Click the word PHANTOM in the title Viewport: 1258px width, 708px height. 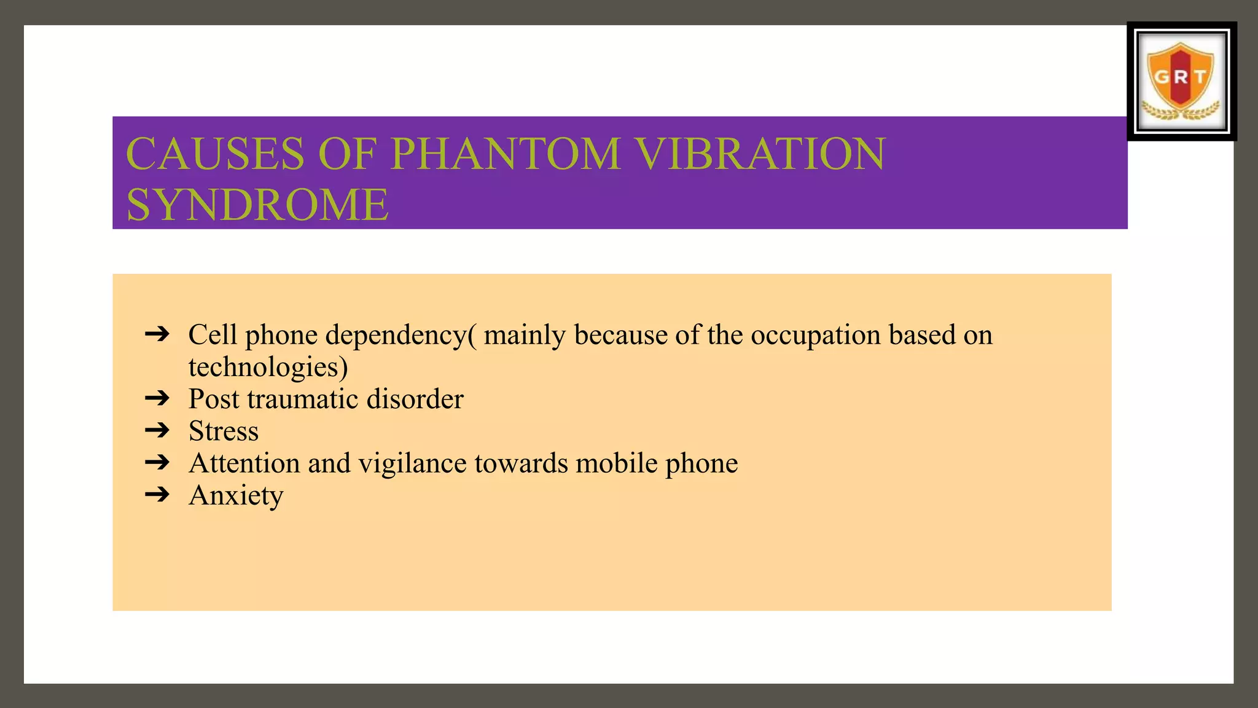(x=505, y=154)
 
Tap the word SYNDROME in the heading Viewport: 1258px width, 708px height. (x=257, y=205)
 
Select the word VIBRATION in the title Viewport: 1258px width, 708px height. (x=760, y=154)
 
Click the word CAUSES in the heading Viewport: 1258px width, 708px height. (x=215, y=154)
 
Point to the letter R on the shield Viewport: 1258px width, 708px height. (x=1181, y=77)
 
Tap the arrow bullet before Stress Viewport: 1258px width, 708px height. (x=157, y=430)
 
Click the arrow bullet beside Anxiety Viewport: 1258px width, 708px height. (x=157, y=494)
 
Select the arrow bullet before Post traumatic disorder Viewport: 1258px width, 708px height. (x=157, y=398)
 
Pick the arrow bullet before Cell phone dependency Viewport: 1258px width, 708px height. (x=157, y=334)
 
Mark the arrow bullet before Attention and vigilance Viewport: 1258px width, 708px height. (x=157, y=462)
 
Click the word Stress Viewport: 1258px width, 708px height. (x=224, y=431)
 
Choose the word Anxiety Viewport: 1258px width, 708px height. (x=236, y=495)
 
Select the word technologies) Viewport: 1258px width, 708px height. (x=268, y=368)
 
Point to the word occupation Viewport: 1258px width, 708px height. (x=815, y=336)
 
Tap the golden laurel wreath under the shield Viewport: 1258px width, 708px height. (x=1181, y=113)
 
